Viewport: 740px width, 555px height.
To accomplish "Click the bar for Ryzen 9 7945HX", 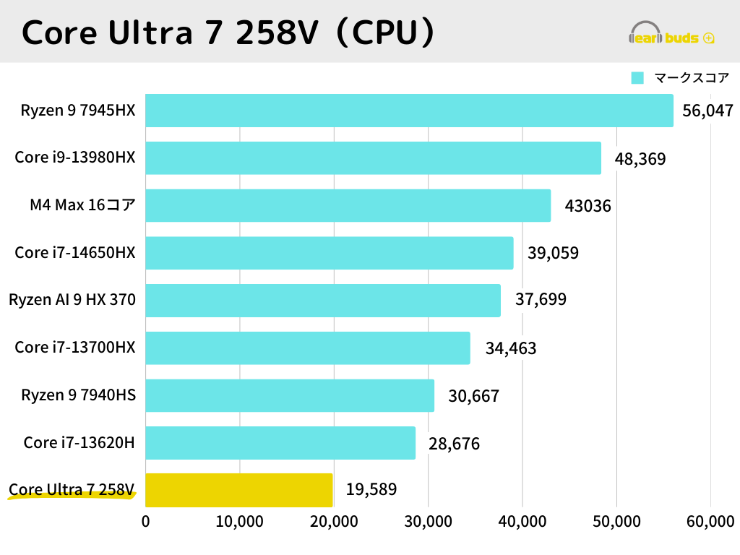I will (409, 111).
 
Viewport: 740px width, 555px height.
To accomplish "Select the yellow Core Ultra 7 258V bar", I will (239, 490).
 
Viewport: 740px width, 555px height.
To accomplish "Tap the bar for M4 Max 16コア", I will (348, 205).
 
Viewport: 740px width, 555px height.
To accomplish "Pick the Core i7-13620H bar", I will (280, 442).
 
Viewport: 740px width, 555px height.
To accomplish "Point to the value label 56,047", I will (708, 111).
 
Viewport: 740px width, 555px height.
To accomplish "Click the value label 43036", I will (588, 206).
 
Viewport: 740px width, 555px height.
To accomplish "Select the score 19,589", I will (371, 490).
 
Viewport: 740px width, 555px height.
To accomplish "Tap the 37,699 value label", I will (541, 299).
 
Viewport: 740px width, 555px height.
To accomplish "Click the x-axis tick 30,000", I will (428, 521).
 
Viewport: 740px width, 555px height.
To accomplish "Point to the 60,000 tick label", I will (710, 521).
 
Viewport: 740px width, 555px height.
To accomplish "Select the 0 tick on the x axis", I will (146, 521).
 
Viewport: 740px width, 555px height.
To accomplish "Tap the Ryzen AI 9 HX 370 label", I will (72, 299).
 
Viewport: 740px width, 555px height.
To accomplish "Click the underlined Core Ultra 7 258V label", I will (72, 490).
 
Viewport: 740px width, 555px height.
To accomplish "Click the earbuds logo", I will (671, 34).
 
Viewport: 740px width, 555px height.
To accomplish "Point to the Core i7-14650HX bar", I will (329, 253).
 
